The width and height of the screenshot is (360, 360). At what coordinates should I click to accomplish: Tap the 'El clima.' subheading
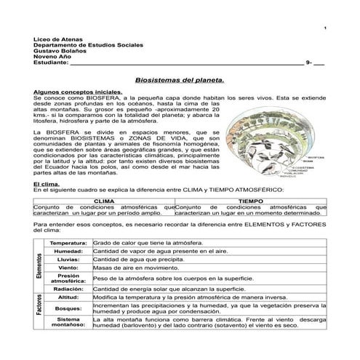pyautogui.click(x=48, y=184)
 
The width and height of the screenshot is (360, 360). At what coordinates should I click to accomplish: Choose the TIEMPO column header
pyautogui.click(x=250, y=199)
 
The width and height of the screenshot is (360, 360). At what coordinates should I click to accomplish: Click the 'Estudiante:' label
pyautogui.click(x=50, y=63)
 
